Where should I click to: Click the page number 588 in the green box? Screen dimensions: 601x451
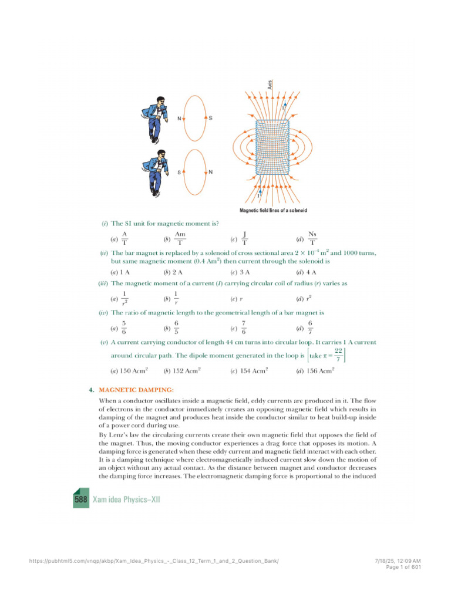pos(81,499)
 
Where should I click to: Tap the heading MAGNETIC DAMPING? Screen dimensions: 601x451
pos(136,389)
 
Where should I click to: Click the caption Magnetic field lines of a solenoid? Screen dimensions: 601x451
pos(274,210)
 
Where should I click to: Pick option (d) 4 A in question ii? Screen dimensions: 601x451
pos(307,272)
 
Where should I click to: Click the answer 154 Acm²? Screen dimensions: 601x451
pos(250,371)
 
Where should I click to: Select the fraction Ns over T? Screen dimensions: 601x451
pos(312,238)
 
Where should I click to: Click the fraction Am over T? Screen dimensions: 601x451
pos(180,238)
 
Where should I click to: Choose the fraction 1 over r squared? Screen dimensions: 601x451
pos(124,299)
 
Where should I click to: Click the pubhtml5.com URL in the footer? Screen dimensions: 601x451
pos(154,561)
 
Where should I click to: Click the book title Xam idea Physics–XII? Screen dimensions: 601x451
pos(126,499)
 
